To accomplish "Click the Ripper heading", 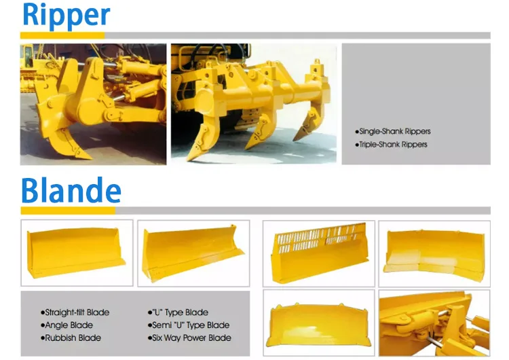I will (x=65, y=16).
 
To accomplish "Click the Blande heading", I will (x=71, y=192).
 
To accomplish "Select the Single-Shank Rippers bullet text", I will (x=394, y=131).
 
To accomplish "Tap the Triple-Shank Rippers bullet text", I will (x=392, y=145).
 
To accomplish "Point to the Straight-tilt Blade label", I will (x=76, y=312).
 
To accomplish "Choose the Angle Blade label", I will (x=66, y=325).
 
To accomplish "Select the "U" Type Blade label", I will (x=178, y=312).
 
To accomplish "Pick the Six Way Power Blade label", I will (x=189, y=338).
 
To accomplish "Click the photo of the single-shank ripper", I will (x=93, y=104).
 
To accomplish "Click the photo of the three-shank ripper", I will (x=253, y=104).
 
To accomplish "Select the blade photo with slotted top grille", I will (x=318, y=253).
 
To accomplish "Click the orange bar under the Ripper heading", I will (x=64, y=35).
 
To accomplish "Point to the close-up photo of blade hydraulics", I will (x=434, y=323).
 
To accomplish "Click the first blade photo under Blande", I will (x=76, y=253).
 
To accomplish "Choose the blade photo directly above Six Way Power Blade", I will (x=193, y=253).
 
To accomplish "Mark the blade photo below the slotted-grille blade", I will (x=318, y=323).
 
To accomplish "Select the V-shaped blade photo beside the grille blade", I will (x=434, y=253).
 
